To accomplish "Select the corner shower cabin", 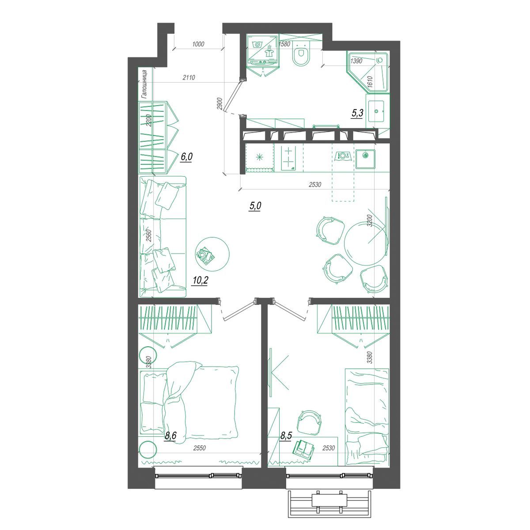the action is pyautogui.click(x=368, y=72).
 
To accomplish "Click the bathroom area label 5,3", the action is pyautogui.click(x=357, y=113).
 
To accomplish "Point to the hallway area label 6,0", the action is pyautogui.click(x=186, y=157).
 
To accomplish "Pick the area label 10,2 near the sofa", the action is pyautogui.click(x=200, y=280).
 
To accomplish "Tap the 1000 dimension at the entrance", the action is pyautogui.click(x=198, y=44).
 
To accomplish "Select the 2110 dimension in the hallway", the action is pyautogui.click(x=189, y=78).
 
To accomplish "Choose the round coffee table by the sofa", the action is pyautogui.click(x=212, y=254).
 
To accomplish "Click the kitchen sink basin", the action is pyautogui.click(x=365, y=159).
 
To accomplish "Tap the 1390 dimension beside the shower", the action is pyautogui.click(x=356, y=61).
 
